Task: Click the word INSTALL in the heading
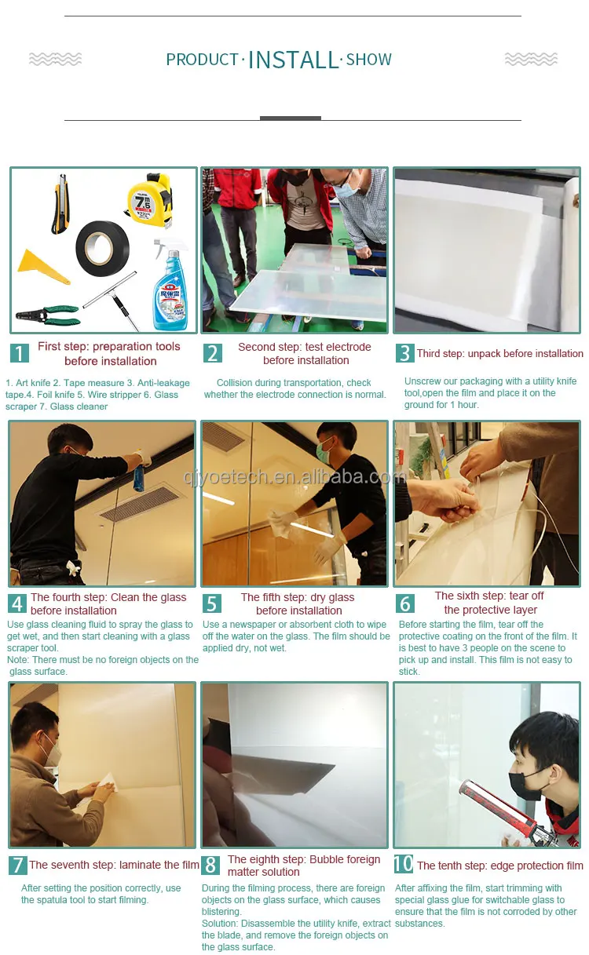[x=294, y=60]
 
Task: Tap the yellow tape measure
[x=150, y=199]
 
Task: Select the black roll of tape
[x=102, y=249]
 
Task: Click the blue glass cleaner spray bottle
[x=170, y=284]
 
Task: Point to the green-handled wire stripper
[x=48, y=315]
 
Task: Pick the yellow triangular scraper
[x=42, y=267]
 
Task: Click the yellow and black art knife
[x=60, y=204]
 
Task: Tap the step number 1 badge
[x=19, y=353]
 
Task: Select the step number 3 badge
[x=404, y=353]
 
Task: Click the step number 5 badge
[x=212, y=603]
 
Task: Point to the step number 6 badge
[x=404, y=603]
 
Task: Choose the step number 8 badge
[x=210, y=866]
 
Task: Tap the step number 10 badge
[x=404, y=864]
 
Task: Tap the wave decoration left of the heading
[x=55, y=59]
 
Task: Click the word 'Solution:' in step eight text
[x=220, y=924]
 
